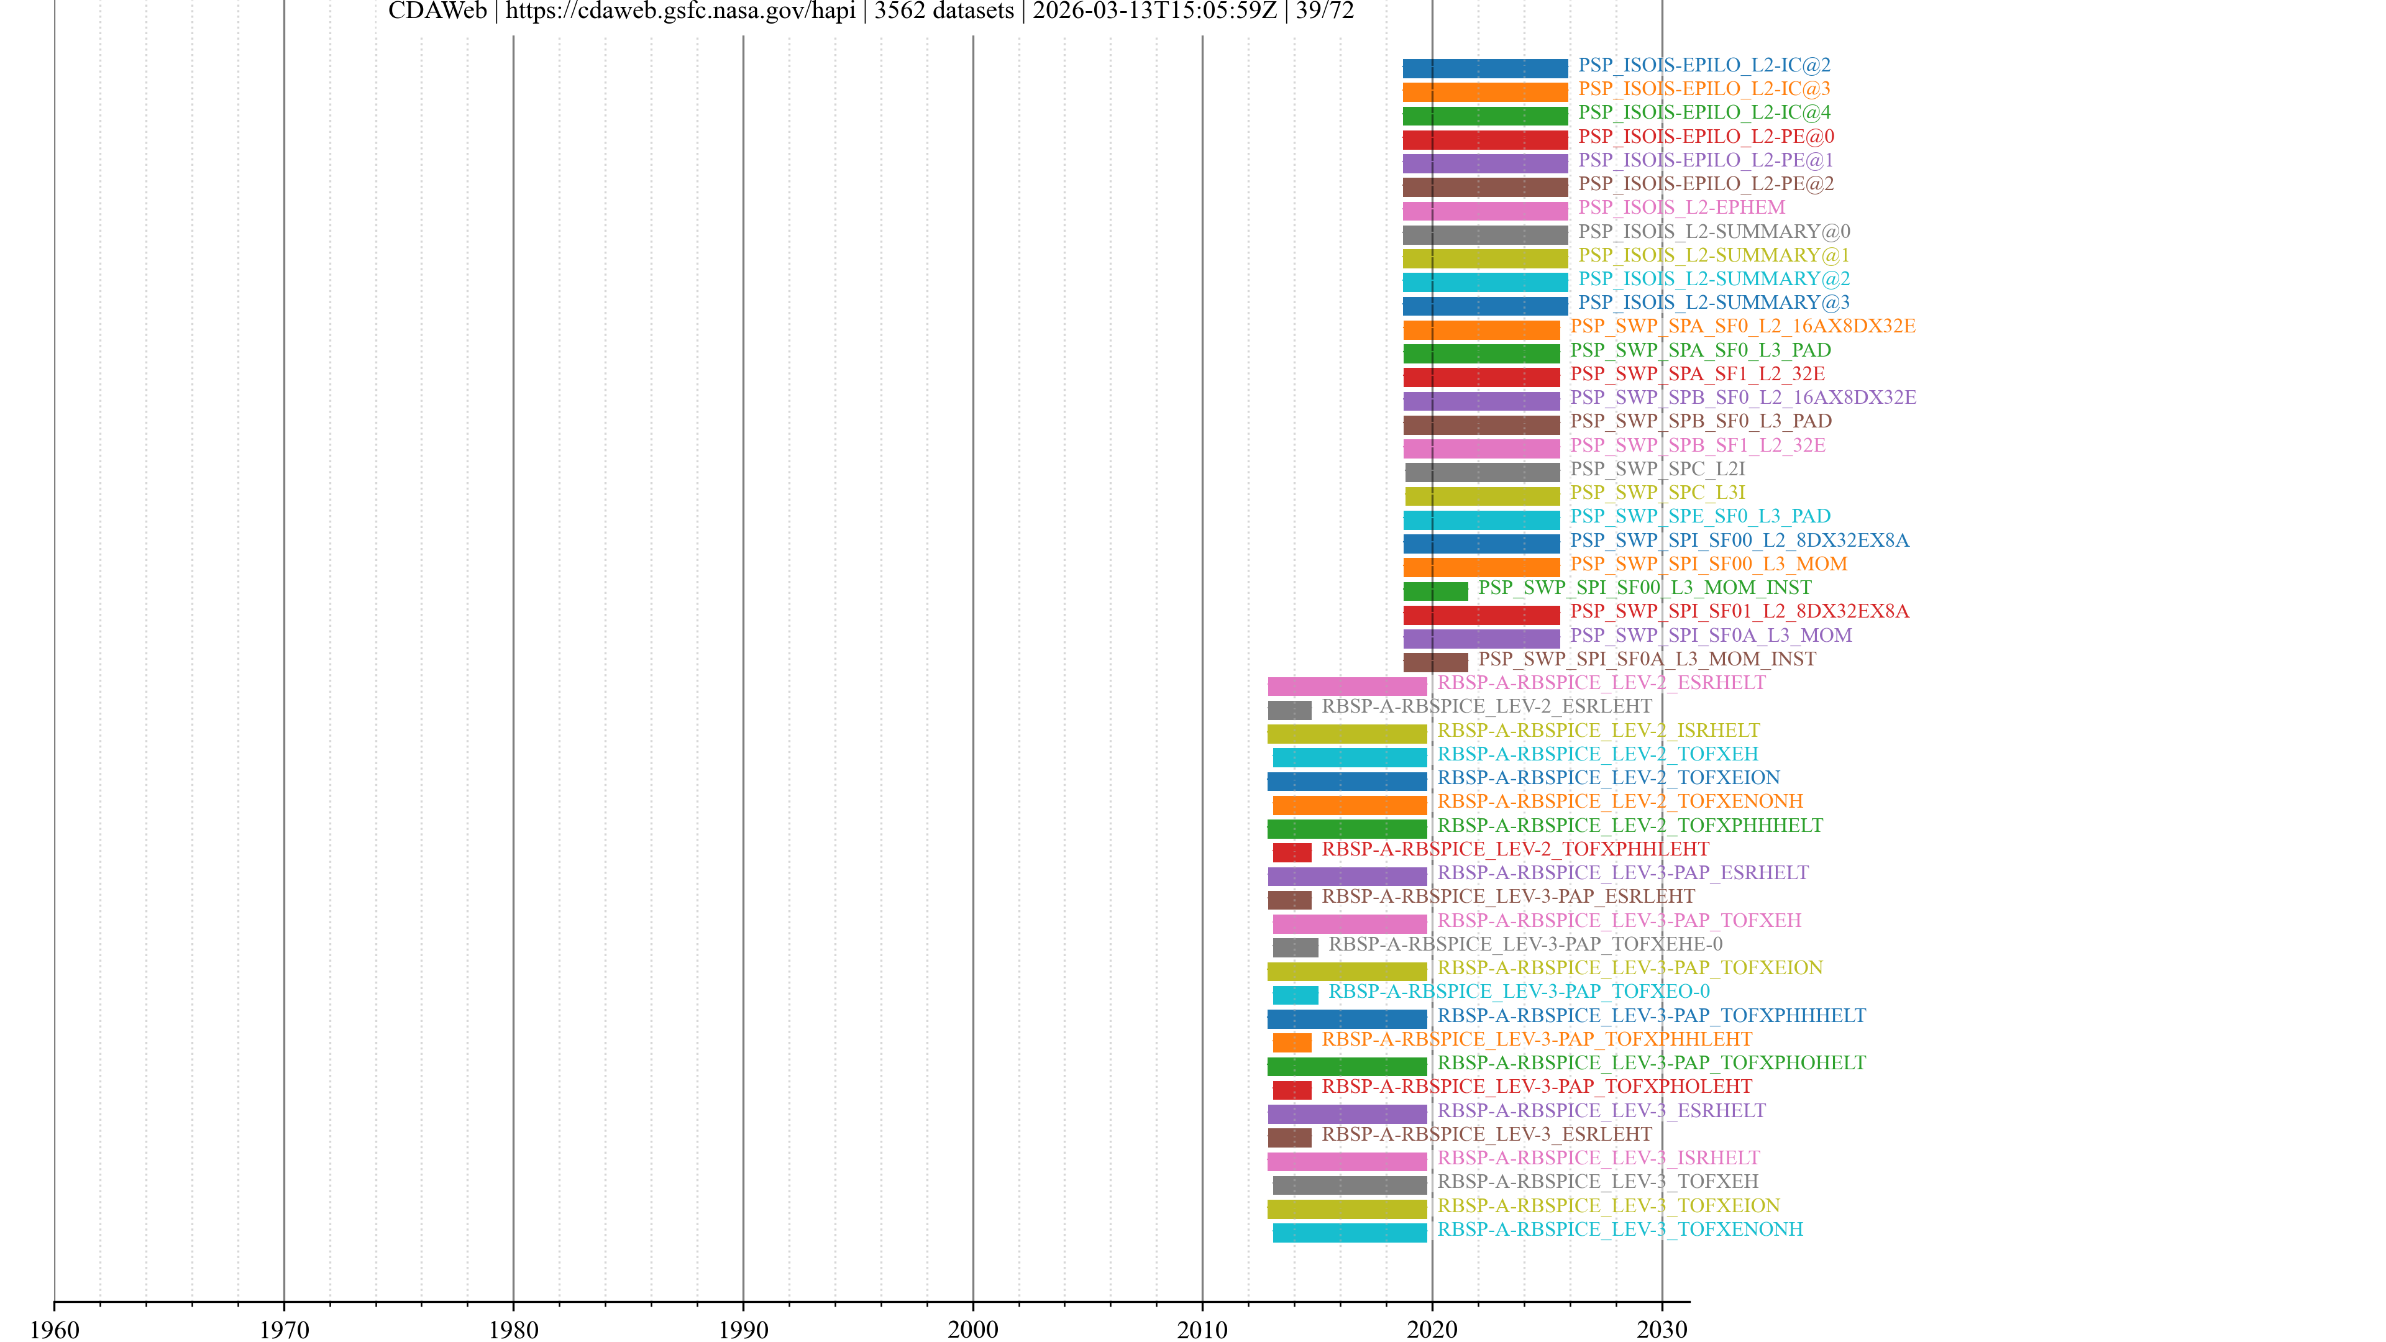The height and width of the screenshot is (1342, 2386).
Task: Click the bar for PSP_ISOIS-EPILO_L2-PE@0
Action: click(1485, 140)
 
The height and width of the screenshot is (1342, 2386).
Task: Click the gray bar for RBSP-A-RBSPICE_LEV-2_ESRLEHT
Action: click(1289, 710)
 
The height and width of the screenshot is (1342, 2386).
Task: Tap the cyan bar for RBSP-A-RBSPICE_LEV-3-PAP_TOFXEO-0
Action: click(1295, 995)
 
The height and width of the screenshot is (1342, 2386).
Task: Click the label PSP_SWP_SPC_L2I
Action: click(1657, 468)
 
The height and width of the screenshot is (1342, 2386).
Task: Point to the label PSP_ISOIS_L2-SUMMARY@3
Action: click(1714, 303)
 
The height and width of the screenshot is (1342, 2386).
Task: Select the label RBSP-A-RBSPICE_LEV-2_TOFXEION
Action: click(1608, 778)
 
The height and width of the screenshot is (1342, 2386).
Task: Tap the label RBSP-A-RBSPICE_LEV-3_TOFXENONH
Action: click(1620, 1229)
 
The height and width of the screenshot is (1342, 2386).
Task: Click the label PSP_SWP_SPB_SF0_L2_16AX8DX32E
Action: click(1742, 398)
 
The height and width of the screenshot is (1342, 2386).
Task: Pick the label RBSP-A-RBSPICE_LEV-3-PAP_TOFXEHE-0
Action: click(1525, 944)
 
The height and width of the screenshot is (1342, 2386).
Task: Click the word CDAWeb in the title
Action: click(437, 11)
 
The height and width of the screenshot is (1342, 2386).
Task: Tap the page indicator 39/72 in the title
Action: click(1325, 11)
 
